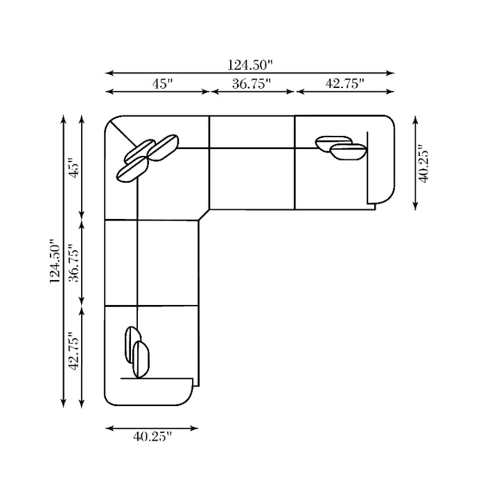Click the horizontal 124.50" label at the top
[250, 65]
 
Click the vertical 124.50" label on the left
[55, 261]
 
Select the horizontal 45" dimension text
[162, 84]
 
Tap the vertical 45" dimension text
[74, 167]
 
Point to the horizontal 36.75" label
[251, 84]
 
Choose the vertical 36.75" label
[74, 263]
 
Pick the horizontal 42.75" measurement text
[344, 83]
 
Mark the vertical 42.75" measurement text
[74, 351]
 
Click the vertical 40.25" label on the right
[423, 164]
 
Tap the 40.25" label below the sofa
[152, 437]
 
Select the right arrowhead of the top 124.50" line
[390, 73]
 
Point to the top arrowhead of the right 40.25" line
[415, 121]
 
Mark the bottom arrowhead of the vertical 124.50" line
[63, 403]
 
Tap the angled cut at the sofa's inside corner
[204, 215]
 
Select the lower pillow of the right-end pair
[349, 152]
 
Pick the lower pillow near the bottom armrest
[141, 360]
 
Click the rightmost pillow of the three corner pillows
[163, 148]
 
